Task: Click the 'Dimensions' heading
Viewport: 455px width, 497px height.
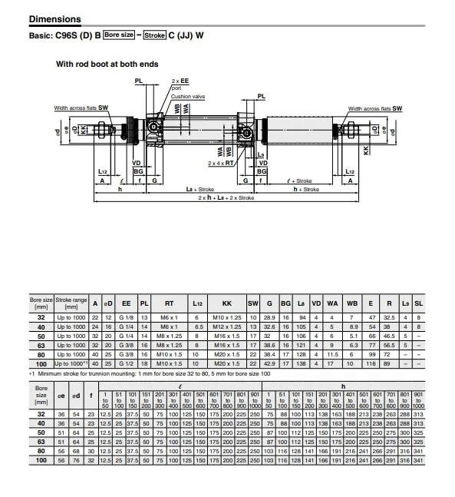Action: [54, 18]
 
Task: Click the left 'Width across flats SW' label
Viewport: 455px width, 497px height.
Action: [81, 109]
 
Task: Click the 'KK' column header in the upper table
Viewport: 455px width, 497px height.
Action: [226, 304]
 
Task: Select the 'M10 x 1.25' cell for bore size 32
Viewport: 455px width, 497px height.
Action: [226, 316]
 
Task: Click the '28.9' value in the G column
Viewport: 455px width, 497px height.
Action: [269, 316]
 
